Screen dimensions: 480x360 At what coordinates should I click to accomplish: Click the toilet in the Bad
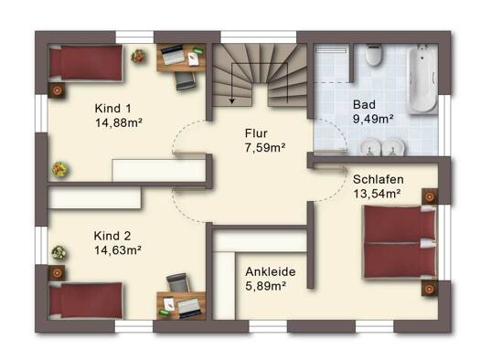coord(373,55)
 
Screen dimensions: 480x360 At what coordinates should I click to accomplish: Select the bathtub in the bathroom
coord(422,79)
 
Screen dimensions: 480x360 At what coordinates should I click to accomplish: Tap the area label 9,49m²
coord(373,119)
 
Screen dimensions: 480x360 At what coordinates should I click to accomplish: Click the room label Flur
coord(256,133)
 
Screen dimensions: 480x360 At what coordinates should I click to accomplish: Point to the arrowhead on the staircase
coord(232,101)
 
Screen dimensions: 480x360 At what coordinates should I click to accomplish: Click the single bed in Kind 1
coord(86,63)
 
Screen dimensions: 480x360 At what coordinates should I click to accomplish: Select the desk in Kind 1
coord(181,58)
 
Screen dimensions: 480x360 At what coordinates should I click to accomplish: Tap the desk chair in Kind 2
coord(177,283)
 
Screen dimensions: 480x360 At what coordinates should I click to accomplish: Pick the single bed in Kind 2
coord(86,301)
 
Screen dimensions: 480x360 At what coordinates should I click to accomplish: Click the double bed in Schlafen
coord(400,242)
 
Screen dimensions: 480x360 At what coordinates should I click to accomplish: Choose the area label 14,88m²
coord(119,123)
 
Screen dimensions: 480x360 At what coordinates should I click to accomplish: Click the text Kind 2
coord(112,236)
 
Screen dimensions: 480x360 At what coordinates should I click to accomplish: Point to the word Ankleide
coord(271,272)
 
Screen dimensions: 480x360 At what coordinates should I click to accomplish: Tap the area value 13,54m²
coord(377,194)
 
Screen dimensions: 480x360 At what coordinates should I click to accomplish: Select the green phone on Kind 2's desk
coord(165,312)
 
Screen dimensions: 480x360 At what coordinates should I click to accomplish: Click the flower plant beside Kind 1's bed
coord(138,57)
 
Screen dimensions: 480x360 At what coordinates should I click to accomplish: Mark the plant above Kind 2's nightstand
coord(59,253)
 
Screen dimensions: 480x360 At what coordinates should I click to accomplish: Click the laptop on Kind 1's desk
coord(173,55)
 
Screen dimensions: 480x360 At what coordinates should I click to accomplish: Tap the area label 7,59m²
coord(265,148)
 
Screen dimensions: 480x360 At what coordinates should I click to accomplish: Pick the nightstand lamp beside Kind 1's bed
coord(57,90)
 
